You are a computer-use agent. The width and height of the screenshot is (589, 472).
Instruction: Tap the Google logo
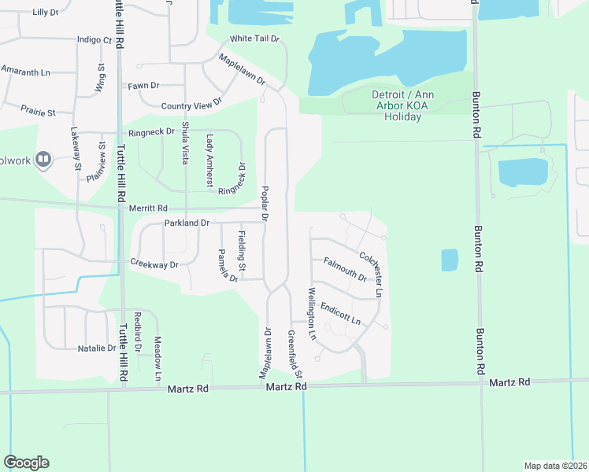click(x=26, y=463)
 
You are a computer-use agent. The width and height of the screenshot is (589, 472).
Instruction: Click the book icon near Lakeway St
click(x=43, y=160)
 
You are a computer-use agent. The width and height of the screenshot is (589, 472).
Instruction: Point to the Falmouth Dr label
click(x=345, y=269)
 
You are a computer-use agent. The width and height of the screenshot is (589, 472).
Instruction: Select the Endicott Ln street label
click(x=339, y=314)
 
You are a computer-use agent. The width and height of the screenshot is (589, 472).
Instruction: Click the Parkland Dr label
click(x=187, y=223)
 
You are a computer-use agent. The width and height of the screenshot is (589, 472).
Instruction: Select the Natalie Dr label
click(x=96, y=348)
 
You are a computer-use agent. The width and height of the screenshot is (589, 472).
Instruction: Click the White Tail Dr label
click(x=254, y=39)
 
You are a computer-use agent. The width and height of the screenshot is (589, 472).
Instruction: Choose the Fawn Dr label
click(x=144, y=85)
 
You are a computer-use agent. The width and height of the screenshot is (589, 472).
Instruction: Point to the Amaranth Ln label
click(x=25, y=72)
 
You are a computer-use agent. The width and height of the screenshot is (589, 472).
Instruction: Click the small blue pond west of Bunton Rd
click(x=449, y=260)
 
